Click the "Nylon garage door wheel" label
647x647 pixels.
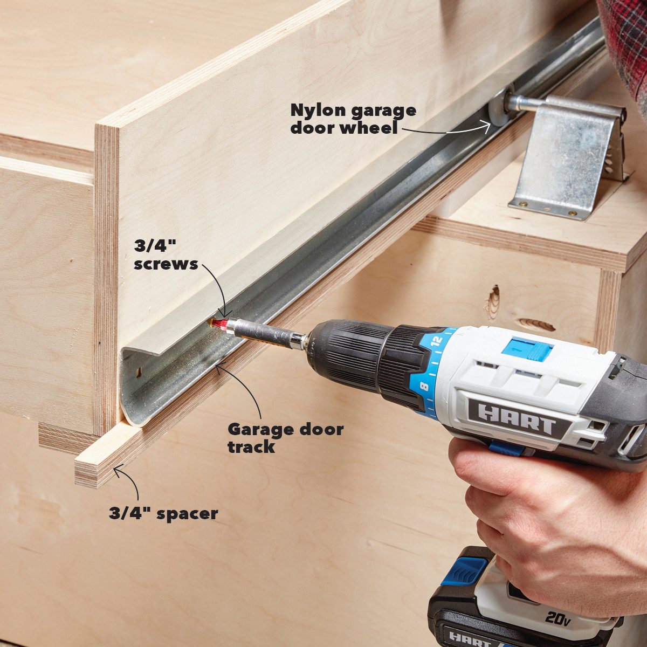point(353,119)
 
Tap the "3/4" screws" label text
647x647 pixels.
point(166,255)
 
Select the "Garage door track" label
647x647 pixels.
point(285,438)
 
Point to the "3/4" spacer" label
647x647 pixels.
point(163,513)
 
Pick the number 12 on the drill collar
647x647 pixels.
point(437,342)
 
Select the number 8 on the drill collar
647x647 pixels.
point(424,387)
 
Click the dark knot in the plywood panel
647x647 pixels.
point(493,302)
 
